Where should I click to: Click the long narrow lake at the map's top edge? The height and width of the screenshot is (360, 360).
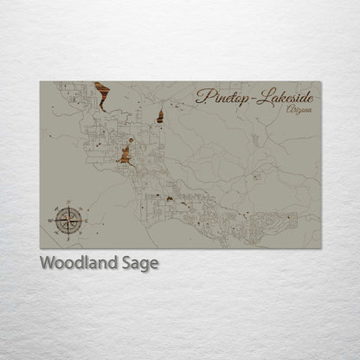[100, 95]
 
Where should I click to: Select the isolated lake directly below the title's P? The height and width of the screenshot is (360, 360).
[161, 114]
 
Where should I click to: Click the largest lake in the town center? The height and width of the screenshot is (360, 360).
[126, 157]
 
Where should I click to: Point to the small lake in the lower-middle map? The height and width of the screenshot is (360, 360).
[171, 200]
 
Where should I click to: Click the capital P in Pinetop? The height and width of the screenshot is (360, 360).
[202, 95]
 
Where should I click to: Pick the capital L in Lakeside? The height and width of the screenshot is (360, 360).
[260, 95]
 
